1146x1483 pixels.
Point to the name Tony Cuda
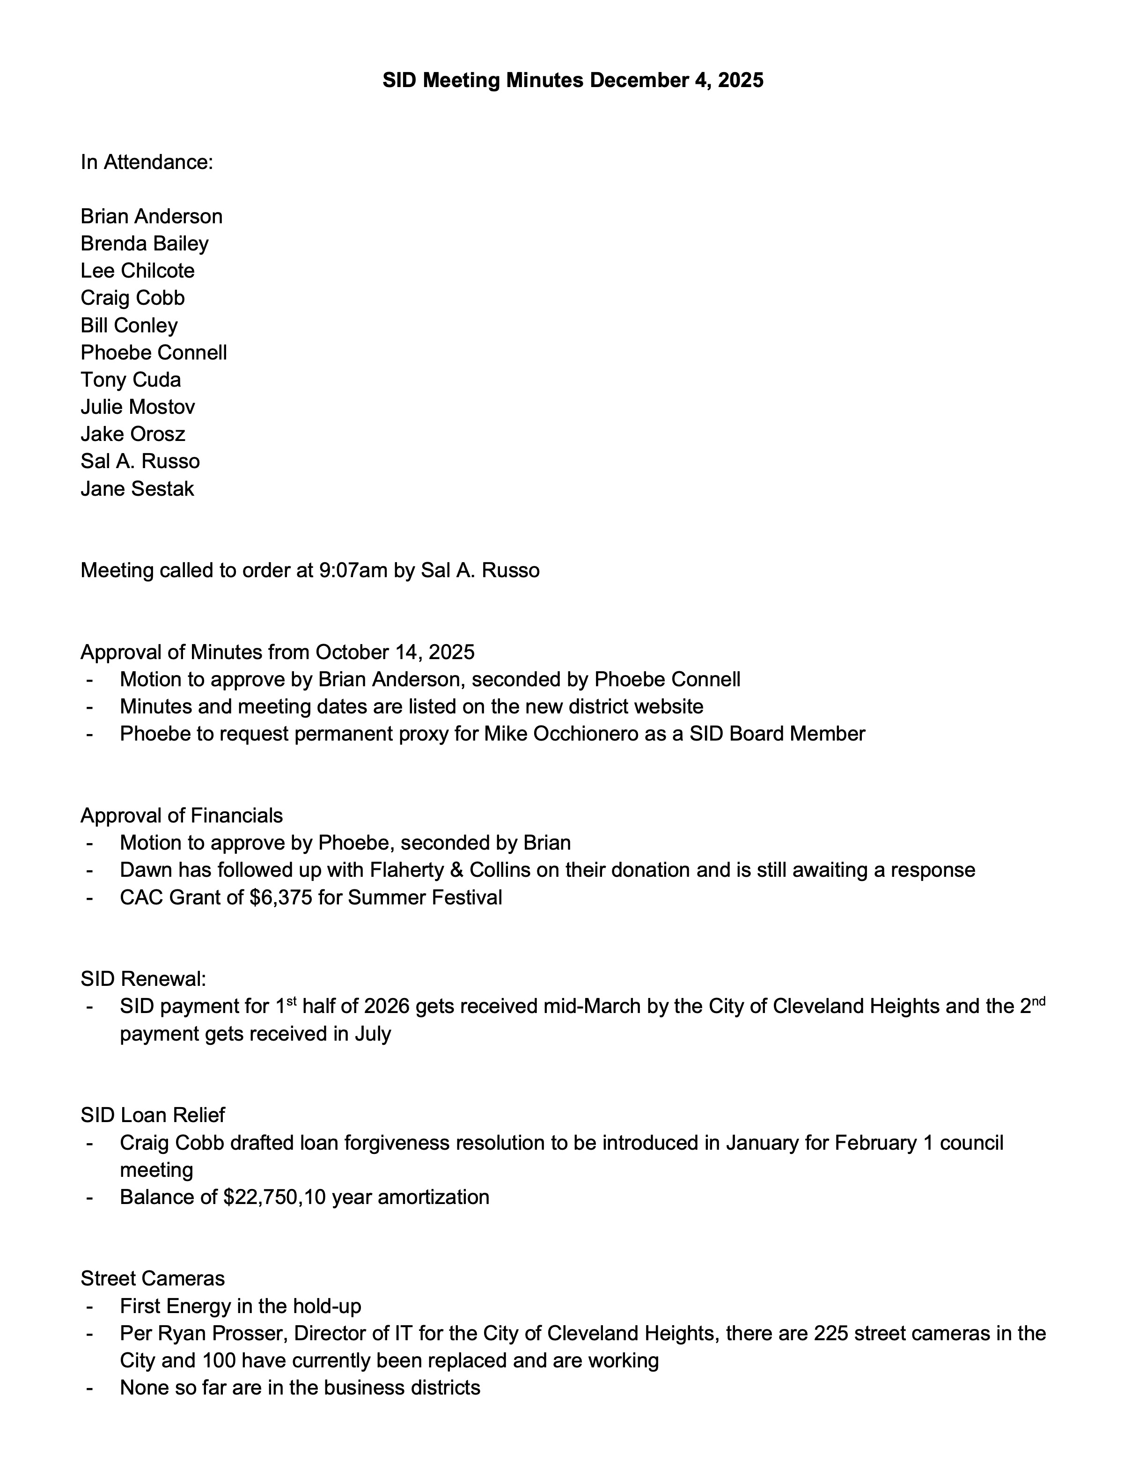click(131, 380)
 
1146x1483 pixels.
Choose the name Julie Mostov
click(138, 407)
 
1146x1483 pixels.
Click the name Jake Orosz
click(133, 434)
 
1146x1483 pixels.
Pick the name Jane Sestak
click(137, 489)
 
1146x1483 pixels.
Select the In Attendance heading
click(147, 162)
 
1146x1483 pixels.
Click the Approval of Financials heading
click(182, 815)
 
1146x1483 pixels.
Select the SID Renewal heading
click(143, 979)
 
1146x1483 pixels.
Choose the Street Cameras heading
click(153, 1278)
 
